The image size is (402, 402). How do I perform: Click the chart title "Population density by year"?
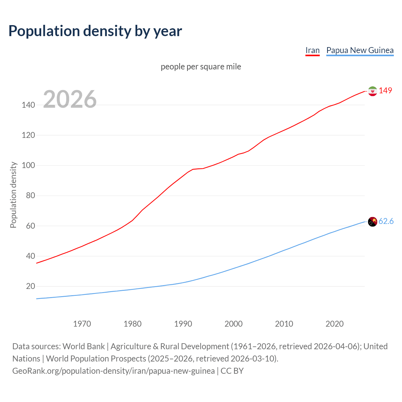(95, 31)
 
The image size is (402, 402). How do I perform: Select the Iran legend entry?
(312, 50)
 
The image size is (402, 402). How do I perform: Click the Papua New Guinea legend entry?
(360, 50)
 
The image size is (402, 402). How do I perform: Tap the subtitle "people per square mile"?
(201, 67)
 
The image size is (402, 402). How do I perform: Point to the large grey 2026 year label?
(70, 99)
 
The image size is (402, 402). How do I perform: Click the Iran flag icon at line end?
(372, 91)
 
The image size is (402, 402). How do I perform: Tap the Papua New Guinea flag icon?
(372, 222)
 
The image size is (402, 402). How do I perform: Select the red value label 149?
(385, 90)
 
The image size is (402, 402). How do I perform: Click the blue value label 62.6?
(386, 221)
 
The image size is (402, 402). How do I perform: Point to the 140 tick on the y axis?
(28, 105)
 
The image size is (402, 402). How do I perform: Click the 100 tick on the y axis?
(28, 166)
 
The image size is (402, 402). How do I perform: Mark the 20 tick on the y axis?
(30, 286)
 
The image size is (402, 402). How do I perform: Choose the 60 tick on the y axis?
(30, 226)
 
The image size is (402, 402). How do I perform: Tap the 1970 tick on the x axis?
(82, 324)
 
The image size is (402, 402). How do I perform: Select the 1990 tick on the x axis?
(183, 324)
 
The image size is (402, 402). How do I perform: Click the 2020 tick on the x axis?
(334, 324)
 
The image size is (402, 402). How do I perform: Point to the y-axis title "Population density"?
(13, 195)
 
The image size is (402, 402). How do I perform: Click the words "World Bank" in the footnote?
(84, 346)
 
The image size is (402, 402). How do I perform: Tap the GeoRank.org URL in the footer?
(113, 371)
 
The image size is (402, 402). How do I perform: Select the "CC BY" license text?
(232, 371)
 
